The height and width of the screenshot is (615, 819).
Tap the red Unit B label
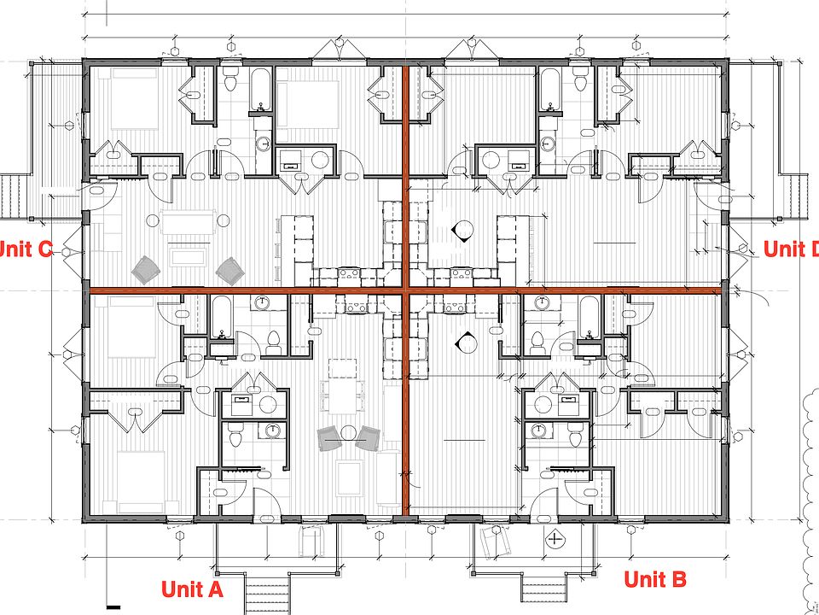(x=654, y=579)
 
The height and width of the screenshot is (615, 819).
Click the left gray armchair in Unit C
(x=145, y=270)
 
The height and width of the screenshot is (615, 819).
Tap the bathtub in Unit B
(x=590, y=318)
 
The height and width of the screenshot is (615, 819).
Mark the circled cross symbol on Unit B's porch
(x=556, y=539)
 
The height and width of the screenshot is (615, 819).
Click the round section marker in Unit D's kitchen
(x=464, y=228)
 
